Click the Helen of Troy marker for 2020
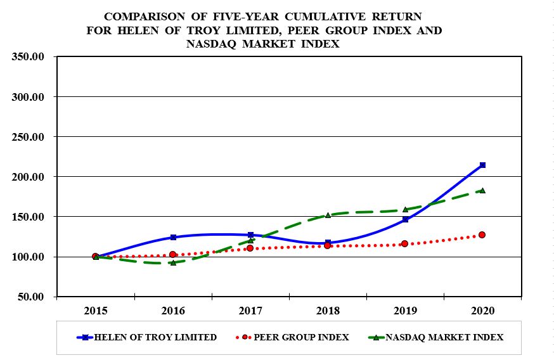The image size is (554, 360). pos(482,165)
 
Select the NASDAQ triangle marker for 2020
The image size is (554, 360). pos(482,190)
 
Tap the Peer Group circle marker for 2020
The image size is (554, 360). pos(482,235)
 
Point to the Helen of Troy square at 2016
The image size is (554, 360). pos(173,237)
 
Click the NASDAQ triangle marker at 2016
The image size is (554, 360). pos(173,262)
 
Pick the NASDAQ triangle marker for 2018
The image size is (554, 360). pos(328,215)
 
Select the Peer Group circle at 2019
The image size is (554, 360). pos(405,243)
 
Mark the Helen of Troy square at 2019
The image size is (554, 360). pos(405,219)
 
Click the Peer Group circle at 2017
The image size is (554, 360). pos(250,248)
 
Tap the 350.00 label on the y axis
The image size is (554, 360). pos(28,57)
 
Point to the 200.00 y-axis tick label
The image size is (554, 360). pos(28,177)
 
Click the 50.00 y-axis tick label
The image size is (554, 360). pos(30,297)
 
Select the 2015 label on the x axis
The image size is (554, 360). pos(96,311)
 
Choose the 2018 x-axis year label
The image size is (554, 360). pos(328,311)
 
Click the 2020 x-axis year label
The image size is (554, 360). pos(482,311)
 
